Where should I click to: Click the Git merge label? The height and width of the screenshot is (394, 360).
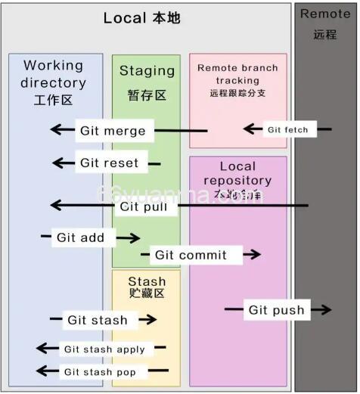tap(113, 130)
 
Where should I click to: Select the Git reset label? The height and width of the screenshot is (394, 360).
tap(110, 163)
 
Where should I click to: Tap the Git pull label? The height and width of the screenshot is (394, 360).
tap(144, 206)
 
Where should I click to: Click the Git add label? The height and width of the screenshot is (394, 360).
tap(81, 237)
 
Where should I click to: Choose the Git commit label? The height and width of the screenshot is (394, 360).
tap(191, 255)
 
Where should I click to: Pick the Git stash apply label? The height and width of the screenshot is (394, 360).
tap(104, 349)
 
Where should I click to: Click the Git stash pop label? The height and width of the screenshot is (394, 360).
tap(100, 371)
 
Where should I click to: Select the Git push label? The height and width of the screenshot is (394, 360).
tap(276, 309)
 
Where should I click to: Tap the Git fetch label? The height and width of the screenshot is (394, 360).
tap(287, 129)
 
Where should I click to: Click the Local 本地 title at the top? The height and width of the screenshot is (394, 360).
tap(142, 17)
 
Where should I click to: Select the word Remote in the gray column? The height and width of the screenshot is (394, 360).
tap(325, 14)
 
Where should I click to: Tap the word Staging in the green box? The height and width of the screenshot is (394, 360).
tap(147, 70)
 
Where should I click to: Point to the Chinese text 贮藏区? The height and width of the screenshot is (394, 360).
tap(147, 293)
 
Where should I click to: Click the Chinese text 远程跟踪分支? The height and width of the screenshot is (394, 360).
tap(237, 93)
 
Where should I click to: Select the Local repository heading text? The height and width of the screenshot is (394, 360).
tap(237, 173)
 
